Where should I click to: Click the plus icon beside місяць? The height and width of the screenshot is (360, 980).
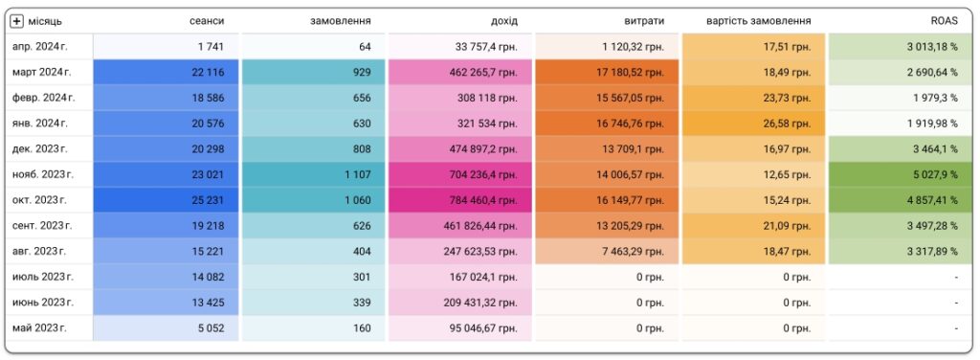coord(17,21)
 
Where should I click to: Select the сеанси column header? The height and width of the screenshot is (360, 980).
coord(207,21)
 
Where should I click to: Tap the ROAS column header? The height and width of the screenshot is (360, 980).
coord(945,21)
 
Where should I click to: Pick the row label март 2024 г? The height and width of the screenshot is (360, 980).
coord(42,73)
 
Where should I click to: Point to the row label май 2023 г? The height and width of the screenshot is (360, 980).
coord(39,328)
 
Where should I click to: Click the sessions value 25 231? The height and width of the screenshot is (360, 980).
coord(208,201)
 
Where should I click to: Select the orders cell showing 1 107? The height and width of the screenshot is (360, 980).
coord(358,175)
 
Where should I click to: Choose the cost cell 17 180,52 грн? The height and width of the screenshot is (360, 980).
coord(630,73)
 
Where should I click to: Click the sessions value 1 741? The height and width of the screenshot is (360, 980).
coord(211,47)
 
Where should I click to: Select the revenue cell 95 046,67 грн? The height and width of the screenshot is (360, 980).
coord(483,328)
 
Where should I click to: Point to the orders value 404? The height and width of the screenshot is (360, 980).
coord(361,252)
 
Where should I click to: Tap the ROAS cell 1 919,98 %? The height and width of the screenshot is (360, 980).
coord(933,124)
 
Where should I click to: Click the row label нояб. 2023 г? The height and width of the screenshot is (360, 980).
coord(42,175)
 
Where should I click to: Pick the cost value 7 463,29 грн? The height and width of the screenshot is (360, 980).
coord(633,252)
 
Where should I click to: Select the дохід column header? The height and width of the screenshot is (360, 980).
coord(504,21)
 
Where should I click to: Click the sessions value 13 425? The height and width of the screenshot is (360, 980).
coord(208,303)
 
